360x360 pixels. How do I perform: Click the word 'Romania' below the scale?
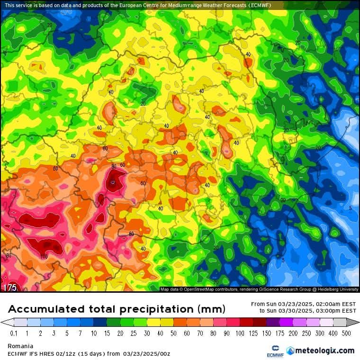pyautogui.click(x=20, y=346)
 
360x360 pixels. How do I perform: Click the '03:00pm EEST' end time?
pyautogui.click(x=336, y=311)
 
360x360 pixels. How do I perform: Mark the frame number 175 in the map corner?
pyautogui.click(x=10, y=288)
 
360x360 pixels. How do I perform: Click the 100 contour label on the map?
pyautogui.click(x=44, y=256)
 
